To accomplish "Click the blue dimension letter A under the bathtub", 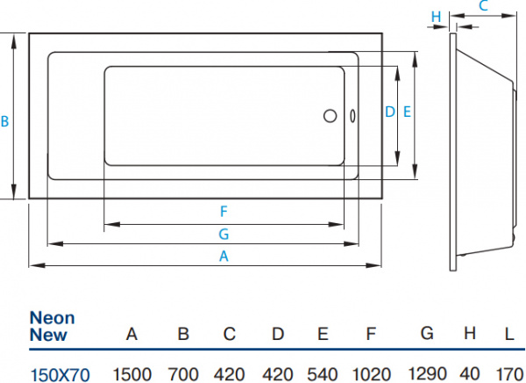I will (224, 257).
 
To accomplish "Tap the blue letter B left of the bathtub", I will (5, 122).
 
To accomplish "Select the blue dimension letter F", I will (224, 211).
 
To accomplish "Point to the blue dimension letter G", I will (224, 234).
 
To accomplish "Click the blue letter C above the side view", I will (483, 6).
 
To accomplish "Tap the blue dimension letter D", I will (390, 112).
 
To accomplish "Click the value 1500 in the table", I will (132, 372).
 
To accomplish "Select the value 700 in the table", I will (183, 372).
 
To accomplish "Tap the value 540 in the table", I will (323, 372).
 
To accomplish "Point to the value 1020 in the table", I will (371, 372).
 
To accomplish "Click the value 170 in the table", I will (509, 372).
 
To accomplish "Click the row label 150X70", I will (60, 373).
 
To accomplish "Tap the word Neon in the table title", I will (53, 318).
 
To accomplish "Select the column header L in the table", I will (508, 334).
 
